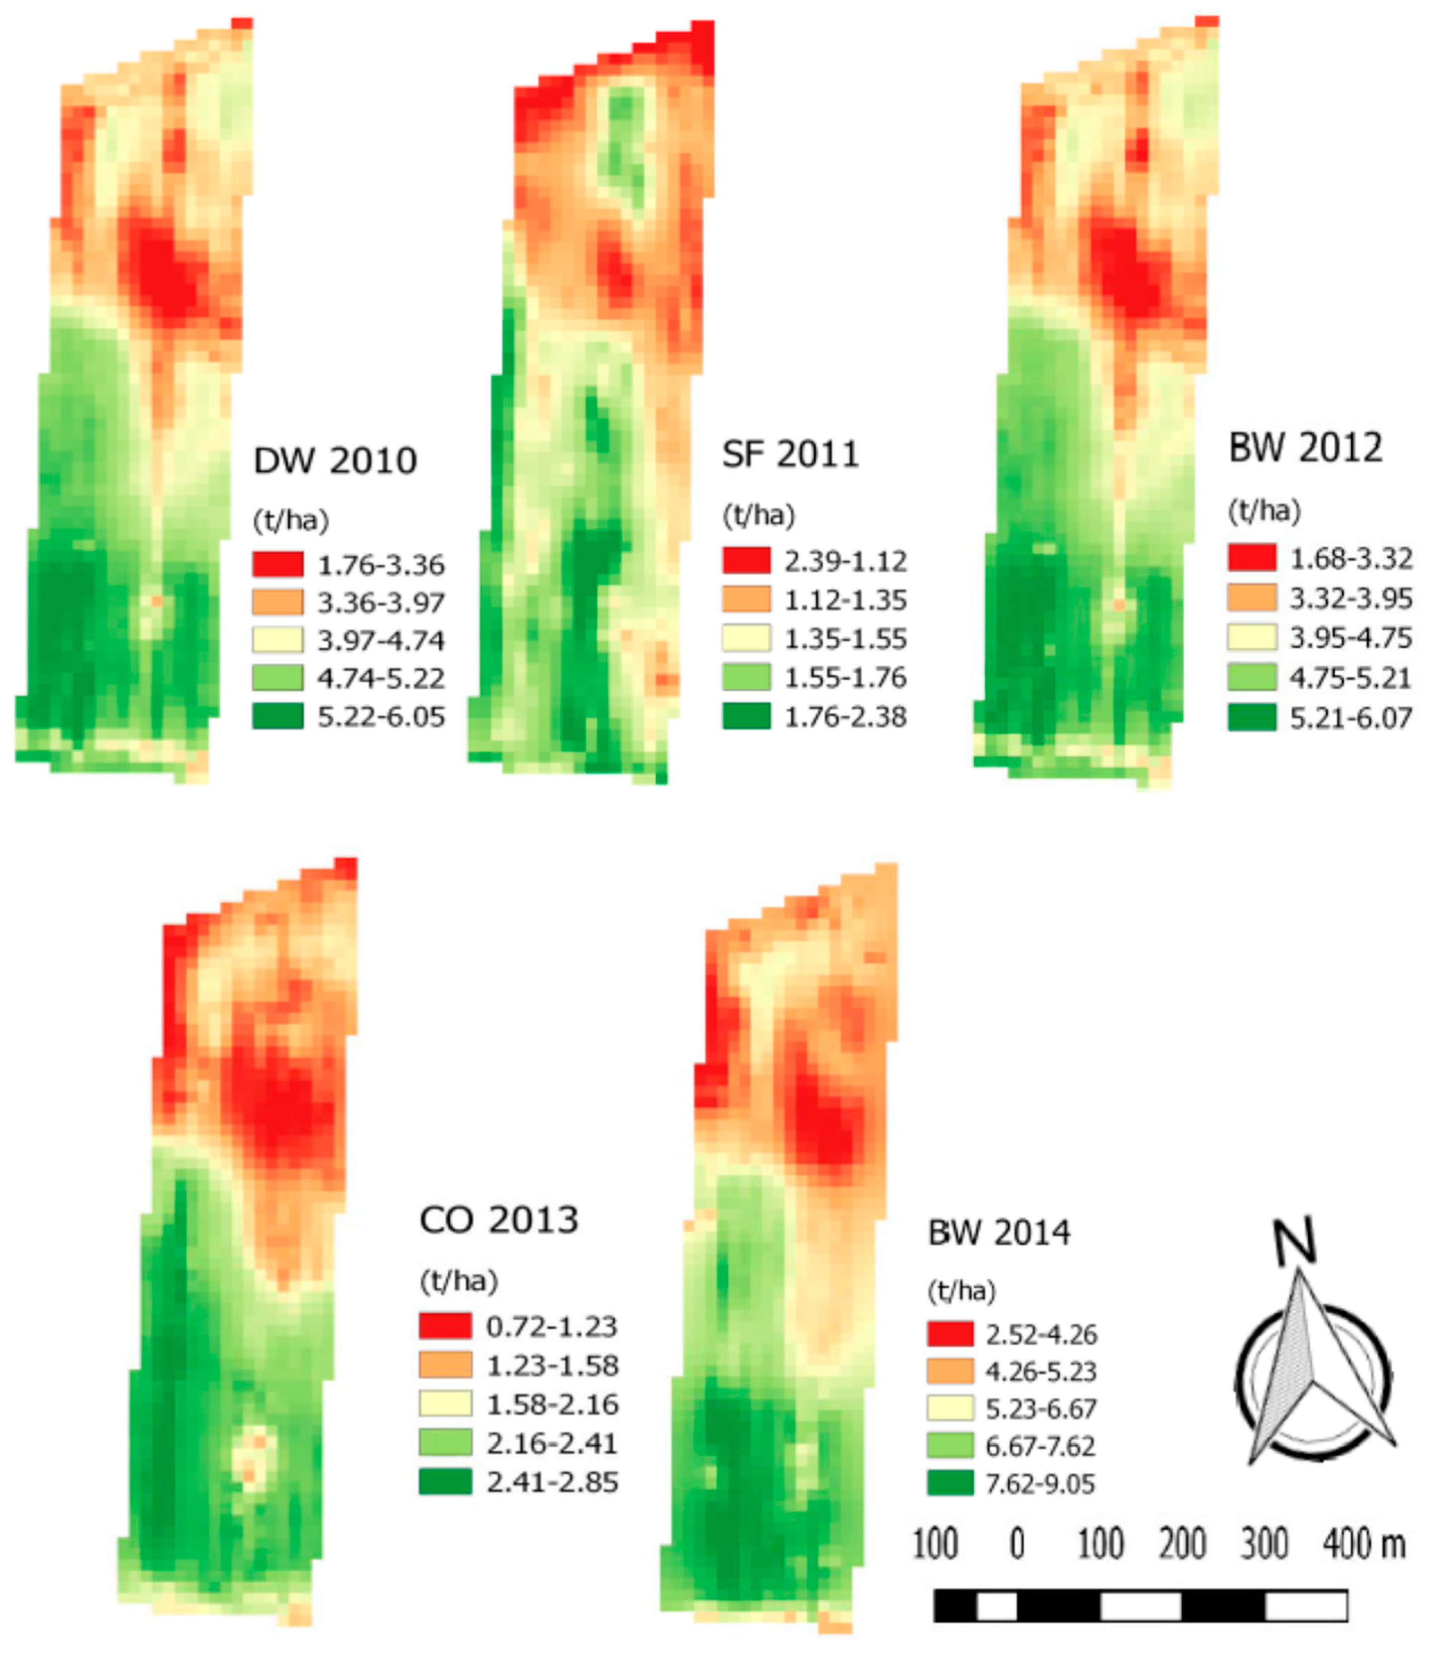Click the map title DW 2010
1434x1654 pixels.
pos(336,461)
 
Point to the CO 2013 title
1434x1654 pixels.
pos(499,1220)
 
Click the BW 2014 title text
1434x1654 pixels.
pos(998,1232)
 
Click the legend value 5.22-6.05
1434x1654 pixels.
pos(381,717)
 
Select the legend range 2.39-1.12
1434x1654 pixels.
pos(845,561)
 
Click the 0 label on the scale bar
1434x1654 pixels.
pos(1016,1544)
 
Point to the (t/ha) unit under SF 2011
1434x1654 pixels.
pos(759,516)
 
